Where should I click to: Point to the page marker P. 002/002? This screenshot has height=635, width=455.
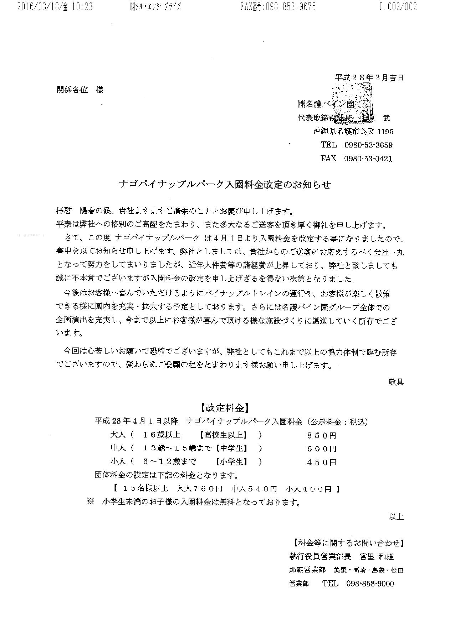398,7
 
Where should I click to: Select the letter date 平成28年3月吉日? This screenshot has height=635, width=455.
369,77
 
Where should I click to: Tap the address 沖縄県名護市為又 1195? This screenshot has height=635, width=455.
353,131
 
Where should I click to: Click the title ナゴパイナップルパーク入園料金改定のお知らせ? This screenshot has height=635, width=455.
225,185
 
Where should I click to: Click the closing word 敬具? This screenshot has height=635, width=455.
396,382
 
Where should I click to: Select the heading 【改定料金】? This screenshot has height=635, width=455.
225,407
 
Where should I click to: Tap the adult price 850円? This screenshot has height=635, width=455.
322,435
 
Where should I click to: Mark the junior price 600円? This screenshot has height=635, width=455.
322,449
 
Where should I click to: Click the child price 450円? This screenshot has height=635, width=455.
322,462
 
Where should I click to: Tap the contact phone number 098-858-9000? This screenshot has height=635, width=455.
370,584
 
